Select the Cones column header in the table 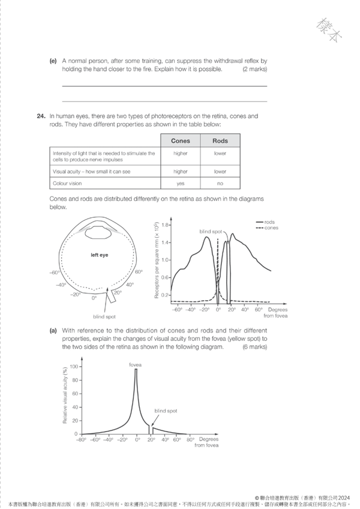click(x=180, y=141)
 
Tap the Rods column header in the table click(x=220, y=141)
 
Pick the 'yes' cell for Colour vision click(x=180, y=183)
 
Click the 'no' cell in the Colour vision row click(x=220, y=183)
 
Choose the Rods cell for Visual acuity click(x=220, y=171)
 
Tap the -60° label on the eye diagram click(x=55, y=273)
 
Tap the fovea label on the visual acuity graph click(x=135, y=364)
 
